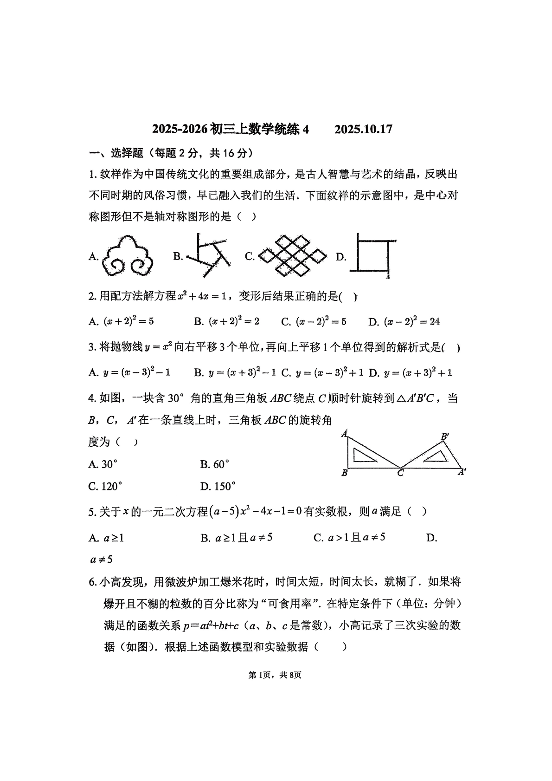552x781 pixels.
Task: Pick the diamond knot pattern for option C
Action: [292, 255]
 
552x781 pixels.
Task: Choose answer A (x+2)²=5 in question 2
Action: [122, 321]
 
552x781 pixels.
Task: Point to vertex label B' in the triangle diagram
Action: [444, 436]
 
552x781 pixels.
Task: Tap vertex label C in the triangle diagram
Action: [400, 473]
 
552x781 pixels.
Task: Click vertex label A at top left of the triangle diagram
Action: [344, 434]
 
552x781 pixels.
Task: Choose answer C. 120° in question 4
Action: [106, 486]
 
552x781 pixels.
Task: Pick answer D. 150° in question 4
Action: [218, 486]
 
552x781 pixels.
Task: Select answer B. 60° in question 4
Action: [215, 464]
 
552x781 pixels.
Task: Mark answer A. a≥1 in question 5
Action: [107, 538]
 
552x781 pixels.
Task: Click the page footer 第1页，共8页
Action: [275, 675]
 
